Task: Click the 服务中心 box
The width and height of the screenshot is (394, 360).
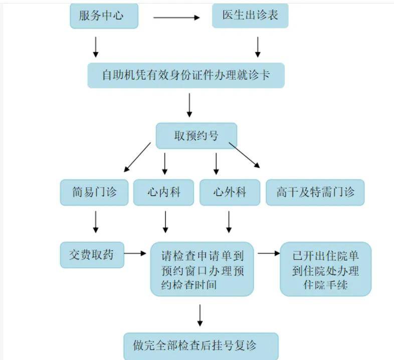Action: tap(104, 16)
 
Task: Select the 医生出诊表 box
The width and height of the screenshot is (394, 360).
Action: tap(250, 16)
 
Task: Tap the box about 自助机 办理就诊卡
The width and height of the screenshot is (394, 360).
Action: tap(186, 76)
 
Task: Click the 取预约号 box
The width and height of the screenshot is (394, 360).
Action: tap(196, 135)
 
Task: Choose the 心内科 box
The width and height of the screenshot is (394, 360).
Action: tap(163, 192)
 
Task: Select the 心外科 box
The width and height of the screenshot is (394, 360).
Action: tap(230, 192)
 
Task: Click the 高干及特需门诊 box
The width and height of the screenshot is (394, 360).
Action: tap(314, 192)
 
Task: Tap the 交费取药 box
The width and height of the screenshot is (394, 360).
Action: tap(92, 254)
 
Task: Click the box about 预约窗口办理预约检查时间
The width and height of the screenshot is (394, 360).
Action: tap(202, 270)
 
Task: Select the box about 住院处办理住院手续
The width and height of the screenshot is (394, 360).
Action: tap(325, 269)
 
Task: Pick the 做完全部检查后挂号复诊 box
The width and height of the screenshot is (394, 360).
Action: tap(201, 345)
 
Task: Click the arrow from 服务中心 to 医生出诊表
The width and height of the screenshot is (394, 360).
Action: tap(176, 18)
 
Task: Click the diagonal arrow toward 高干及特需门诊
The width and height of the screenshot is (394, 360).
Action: tap(245, 155)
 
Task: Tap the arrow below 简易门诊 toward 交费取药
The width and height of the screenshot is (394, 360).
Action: tap(96, 221)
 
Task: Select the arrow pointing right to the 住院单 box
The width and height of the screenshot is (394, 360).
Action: tap(269, 254)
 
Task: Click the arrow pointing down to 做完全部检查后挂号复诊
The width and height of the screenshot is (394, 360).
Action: tap(200, 315)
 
